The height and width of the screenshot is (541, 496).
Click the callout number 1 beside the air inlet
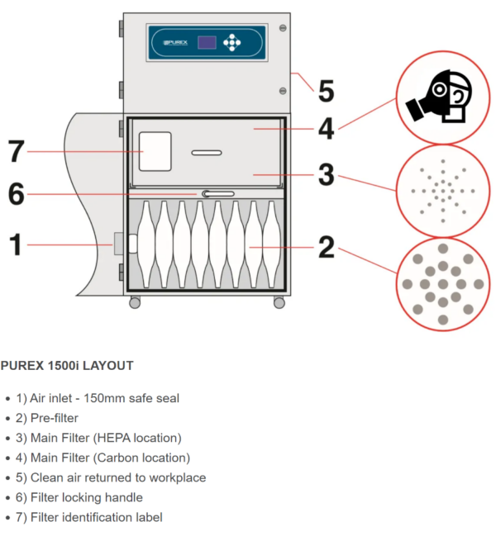click(15, 244)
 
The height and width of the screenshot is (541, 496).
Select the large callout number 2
click(327, 246)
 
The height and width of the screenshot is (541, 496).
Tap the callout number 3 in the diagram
click(327, 174)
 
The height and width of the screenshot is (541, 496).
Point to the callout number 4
click(327, 129)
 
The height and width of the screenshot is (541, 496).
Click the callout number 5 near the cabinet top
click(327, 89)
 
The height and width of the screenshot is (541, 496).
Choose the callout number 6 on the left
click(17, 195)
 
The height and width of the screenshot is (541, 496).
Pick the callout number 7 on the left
click(17, 152)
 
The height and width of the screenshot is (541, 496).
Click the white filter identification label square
click(155, 152)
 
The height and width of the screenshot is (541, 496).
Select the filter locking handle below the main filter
click(214, 194)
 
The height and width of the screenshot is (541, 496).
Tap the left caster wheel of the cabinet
click(135, 303)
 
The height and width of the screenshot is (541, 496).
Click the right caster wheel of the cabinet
click(279, 303)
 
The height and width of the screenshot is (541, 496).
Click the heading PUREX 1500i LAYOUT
click(67, 365)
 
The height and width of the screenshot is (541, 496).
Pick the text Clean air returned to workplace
click(117, 477)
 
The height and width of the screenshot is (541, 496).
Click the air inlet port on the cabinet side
click(118, 244)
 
